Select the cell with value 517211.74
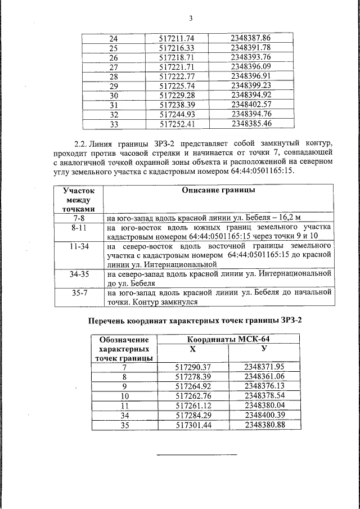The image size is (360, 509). (177, 38)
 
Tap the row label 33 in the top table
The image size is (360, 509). (113, 124)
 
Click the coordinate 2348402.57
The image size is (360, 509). (251, 105)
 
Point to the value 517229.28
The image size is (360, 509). (177, 95)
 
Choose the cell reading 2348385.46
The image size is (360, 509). (251, 124)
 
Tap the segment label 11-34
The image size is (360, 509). (79, 247)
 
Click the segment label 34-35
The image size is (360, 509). (79, 274)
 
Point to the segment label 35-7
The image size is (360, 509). (79, 292)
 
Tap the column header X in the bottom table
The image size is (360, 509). (193, 349)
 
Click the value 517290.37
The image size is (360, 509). (193, 367)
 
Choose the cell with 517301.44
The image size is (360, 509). (193, 425)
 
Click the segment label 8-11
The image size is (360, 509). (79, 228)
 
